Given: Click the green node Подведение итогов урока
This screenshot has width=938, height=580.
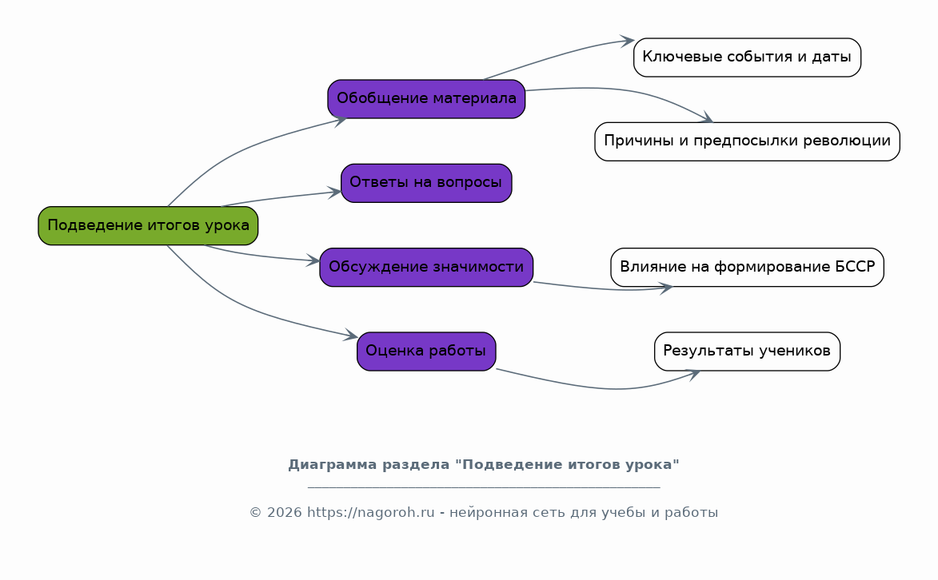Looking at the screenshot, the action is pos(148,225).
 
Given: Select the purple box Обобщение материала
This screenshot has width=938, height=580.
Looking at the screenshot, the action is pos(426,98).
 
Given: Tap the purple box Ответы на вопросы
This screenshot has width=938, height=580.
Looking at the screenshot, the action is pos(426,183).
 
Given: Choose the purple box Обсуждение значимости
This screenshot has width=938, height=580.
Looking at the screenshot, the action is pos(426,268).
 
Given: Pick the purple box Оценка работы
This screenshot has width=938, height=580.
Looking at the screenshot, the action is pos(426,352).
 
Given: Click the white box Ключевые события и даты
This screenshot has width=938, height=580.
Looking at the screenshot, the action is pos(747,58).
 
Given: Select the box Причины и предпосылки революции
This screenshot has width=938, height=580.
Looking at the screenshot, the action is pos(747,141).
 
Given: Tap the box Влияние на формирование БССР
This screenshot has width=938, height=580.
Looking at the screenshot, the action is pos(747,268).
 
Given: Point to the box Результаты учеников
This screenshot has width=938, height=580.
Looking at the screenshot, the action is pos(747,352).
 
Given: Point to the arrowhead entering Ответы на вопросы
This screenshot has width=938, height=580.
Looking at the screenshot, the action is pos(333,193).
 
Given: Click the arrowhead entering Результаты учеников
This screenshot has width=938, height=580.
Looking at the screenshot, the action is pos(693,375).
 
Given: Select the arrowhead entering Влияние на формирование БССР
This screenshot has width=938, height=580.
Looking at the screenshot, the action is pos(666,289).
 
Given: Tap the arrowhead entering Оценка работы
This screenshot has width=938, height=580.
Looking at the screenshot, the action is pos(350,336).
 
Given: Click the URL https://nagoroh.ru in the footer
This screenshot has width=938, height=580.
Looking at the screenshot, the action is pos(370,513).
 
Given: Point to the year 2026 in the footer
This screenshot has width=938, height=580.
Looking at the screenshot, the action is pos(284,513).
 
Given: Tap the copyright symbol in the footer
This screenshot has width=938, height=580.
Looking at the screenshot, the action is pos(255,513).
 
